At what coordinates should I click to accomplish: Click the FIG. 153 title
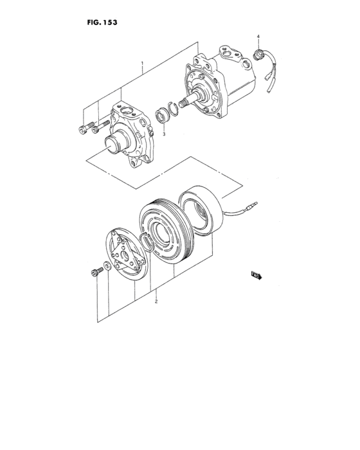99,21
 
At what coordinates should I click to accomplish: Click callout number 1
142,64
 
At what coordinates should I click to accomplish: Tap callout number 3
163,134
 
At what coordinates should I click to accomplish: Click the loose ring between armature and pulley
147,243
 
